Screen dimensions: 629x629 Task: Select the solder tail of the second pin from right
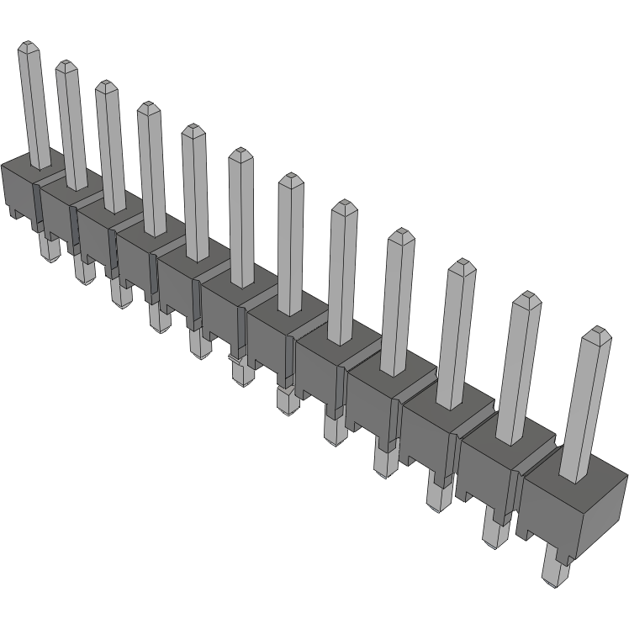493,530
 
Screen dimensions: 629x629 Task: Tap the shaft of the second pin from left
72,126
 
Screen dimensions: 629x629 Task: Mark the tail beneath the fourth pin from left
156,316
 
